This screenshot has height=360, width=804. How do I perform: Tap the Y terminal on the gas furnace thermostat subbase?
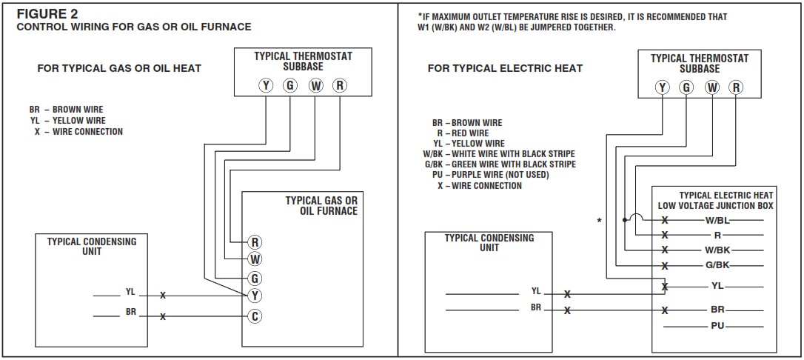[266, 85]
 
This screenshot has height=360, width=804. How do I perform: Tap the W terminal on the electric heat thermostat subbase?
[711, 87]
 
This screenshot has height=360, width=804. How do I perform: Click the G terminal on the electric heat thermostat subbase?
[687, 87]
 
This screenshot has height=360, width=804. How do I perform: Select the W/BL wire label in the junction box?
[717, 220]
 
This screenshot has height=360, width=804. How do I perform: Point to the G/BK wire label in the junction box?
[717, 264]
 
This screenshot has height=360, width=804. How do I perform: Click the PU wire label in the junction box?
[717, 325]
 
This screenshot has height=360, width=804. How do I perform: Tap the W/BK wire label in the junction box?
[717, 250]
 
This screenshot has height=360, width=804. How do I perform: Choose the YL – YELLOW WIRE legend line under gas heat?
[67, 121]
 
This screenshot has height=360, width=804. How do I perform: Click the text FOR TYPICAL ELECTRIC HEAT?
[505, 68]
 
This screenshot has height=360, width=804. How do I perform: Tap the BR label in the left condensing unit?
[131, 313]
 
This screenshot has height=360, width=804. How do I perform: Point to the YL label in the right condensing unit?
[536, 291]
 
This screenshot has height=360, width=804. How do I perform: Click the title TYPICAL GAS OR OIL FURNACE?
[321, 205]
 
